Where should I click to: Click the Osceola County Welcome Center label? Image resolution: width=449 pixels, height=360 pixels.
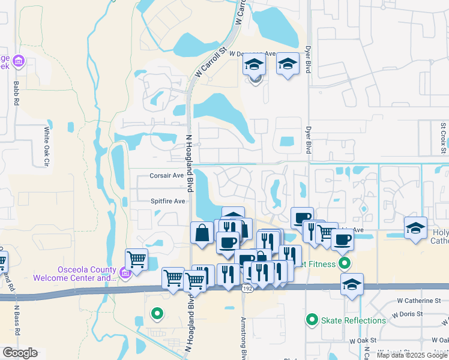74,273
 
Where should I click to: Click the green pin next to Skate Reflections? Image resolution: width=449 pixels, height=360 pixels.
312,320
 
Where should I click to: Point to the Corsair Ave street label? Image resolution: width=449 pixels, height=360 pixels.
166,176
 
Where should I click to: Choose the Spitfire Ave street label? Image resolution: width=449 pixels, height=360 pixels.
167,201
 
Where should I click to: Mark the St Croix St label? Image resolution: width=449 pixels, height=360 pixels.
443,137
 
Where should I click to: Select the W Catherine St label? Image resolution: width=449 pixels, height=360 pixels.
419,301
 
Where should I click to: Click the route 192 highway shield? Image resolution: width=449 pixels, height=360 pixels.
246,289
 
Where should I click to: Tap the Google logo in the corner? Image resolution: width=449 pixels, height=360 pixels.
20,353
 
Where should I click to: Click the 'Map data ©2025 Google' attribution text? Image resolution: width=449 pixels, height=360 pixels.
412,355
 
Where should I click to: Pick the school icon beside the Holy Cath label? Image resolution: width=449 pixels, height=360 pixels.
415,228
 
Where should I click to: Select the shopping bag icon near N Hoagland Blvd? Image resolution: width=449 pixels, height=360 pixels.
202,233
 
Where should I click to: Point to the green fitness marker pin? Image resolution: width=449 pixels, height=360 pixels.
344,263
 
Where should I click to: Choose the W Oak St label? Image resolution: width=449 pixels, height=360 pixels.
362,340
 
